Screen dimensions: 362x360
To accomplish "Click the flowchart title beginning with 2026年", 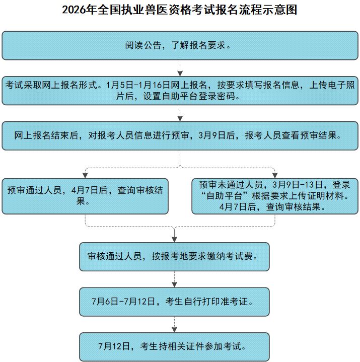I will (x=180, y=10).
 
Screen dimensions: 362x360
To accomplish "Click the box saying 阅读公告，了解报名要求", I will (x=180, y=45).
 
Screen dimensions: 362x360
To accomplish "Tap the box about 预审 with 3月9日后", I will (x=180, y=135).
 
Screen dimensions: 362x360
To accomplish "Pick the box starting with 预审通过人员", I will (x=85, y=196).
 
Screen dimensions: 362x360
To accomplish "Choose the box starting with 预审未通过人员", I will (x=274, y=196).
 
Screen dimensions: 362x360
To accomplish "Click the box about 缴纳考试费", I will (x=174, y=256).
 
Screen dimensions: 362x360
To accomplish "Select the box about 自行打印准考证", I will (x=174, y=302).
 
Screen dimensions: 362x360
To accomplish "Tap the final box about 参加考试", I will (x=174, y=346).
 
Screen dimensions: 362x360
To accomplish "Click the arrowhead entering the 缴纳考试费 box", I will (x=174, y=239).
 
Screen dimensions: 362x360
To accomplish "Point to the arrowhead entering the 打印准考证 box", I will (x=174, y=284).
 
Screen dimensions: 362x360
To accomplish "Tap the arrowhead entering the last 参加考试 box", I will (x=174, y=329).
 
